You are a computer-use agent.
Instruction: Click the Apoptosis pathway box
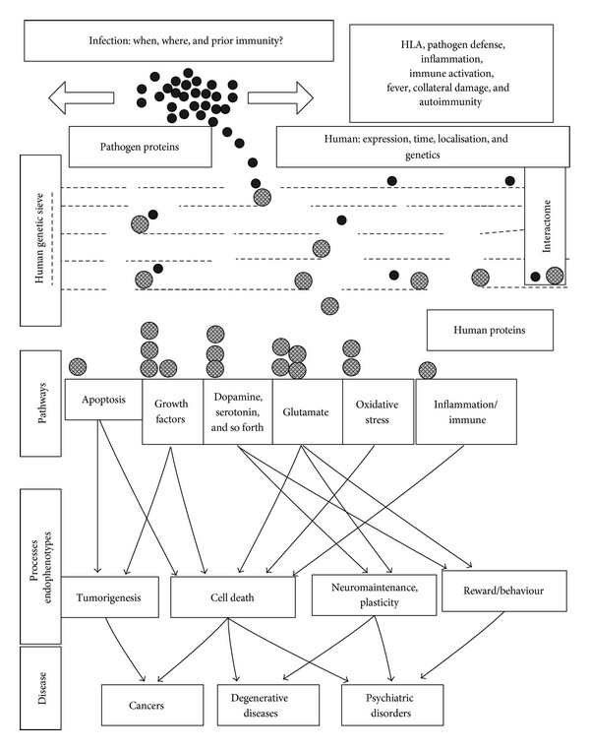(103, 400)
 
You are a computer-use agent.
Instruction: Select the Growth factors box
(172, 411)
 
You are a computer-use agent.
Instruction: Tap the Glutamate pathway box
(307, 411)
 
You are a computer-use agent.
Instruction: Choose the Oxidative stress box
(378, 411)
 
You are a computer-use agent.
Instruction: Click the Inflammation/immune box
(466, 411)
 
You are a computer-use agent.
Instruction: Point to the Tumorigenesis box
(109, 596)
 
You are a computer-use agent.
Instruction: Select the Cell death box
(233, 596)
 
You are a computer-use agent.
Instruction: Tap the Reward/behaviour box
(504, 591)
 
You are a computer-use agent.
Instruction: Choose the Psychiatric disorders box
(392, 705)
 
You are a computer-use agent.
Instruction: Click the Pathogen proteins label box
(140, 147)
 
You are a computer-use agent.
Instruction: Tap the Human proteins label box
(490, 330)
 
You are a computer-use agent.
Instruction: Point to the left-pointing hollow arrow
(82, 97)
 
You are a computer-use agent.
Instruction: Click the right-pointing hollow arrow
(280, 97)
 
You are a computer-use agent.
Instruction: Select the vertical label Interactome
(547, 225)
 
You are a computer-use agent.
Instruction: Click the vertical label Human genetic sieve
(40, 238)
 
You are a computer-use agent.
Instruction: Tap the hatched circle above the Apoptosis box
(78, 367)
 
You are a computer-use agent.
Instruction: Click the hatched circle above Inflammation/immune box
(428, 370)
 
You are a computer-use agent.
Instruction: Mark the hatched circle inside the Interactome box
(555, 276)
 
